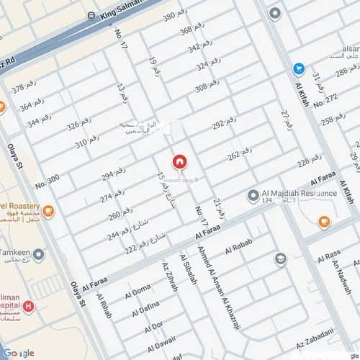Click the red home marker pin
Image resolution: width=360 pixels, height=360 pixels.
(179, 161)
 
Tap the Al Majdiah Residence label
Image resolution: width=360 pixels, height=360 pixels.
(300, 194)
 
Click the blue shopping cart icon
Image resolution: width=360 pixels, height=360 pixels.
(298, 68)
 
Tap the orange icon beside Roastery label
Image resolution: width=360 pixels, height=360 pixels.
(48, 212)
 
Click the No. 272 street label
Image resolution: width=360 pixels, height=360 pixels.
(325, 99)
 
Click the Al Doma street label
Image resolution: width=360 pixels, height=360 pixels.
(138, 292)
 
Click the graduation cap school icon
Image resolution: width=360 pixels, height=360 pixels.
(281, 258)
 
